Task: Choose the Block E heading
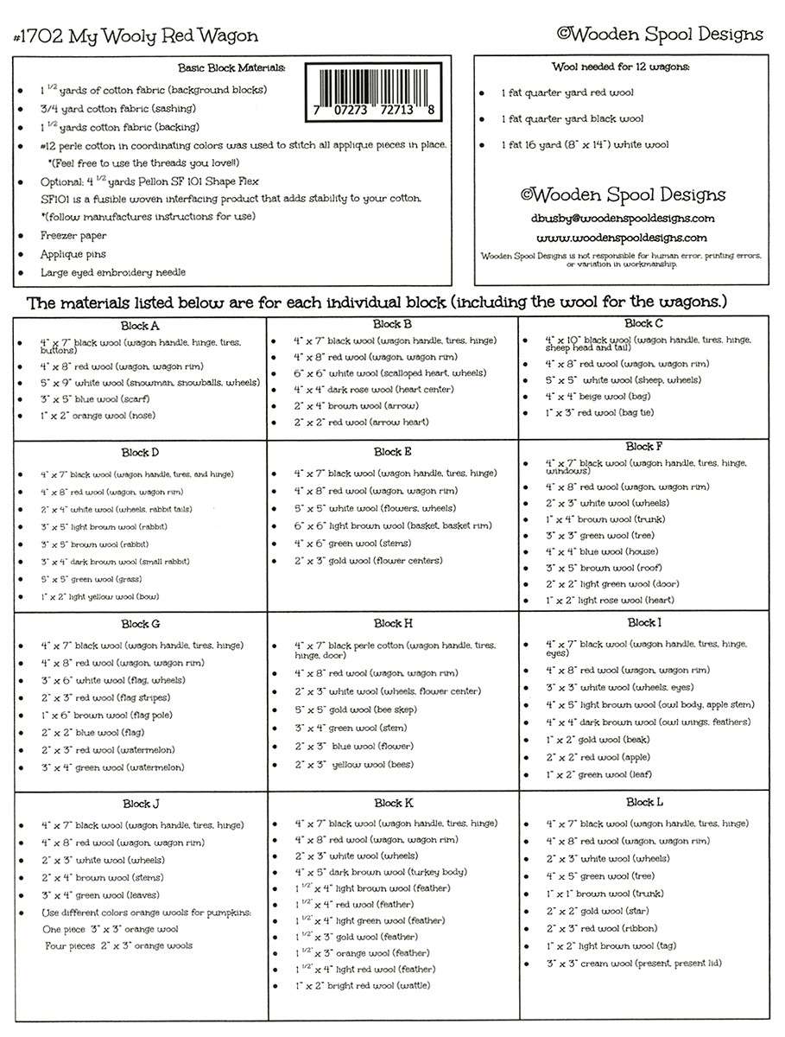tap(393, 452)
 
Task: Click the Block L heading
tap(645, 803)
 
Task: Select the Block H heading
tap(393, 623)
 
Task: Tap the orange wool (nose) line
tap(98, 416)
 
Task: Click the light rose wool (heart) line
tap(605, 600)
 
